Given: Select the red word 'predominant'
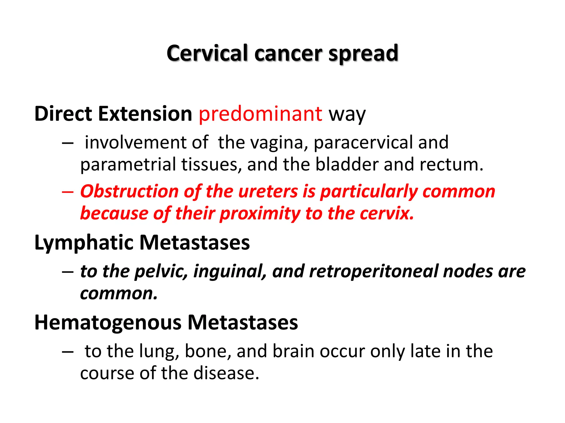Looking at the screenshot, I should pyautogui.click(x=260, y=114).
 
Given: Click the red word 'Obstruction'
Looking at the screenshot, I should pyautogui.click(x=129, y=191).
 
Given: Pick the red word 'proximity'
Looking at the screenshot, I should pyautogui.click(x=260, y=214).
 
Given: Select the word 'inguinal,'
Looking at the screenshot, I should pyautogui.click(x=230, y=271).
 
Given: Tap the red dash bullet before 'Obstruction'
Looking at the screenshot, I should pyautogui.click(x=68, y=191).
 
